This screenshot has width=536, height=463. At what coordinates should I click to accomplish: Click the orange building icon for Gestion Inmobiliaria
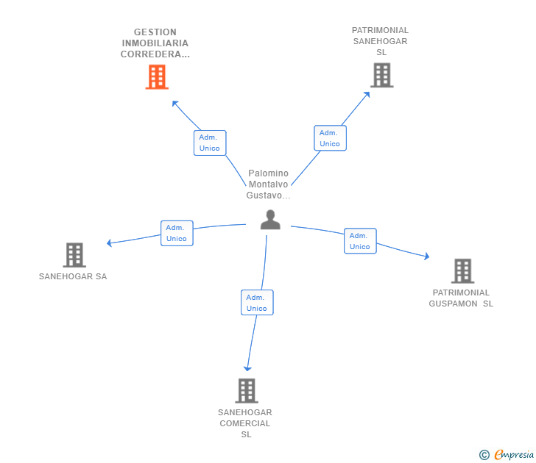157,76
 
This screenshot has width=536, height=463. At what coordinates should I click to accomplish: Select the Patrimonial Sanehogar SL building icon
381,75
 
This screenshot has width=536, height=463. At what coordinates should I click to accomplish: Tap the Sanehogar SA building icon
74,255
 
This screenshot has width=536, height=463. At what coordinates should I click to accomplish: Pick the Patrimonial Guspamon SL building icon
462,270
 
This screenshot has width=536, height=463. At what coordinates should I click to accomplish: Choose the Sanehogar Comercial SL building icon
247,390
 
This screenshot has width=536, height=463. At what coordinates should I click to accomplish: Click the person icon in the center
270,220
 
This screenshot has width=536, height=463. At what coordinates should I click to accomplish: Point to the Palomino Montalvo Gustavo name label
269,184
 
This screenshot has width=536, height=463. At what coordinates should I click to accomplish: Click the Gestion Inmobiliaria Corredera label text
155,43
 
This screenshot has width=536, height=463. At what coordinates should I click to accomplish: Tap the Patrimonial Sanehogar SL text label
380,41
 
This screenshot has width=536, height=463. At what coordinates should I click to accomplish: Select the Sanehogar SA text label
73,277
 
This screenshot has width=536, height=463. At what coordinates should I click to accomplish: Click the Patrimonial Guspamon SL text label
461,298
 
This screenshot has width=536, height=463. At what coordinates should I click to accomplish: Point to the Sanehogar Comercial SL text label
245,423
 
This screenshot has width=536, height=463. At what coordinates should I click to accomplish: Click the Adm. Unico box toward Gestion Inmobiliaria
210,143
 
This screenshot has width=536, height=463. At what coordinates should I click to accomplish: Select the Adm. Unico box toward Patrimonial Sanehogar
330,138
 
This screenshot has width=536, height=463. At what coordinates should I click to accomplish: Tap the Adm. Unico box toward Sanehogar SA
177,233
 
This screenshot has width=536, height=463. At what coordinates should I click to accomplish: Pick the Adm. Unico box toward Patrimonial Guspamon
360,241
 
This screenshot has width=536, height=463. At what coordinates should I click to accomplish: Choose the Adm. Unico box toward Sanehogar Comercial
257,303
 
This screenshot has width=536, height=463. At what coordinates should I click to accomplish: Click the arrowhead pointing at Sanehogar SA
110,243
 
